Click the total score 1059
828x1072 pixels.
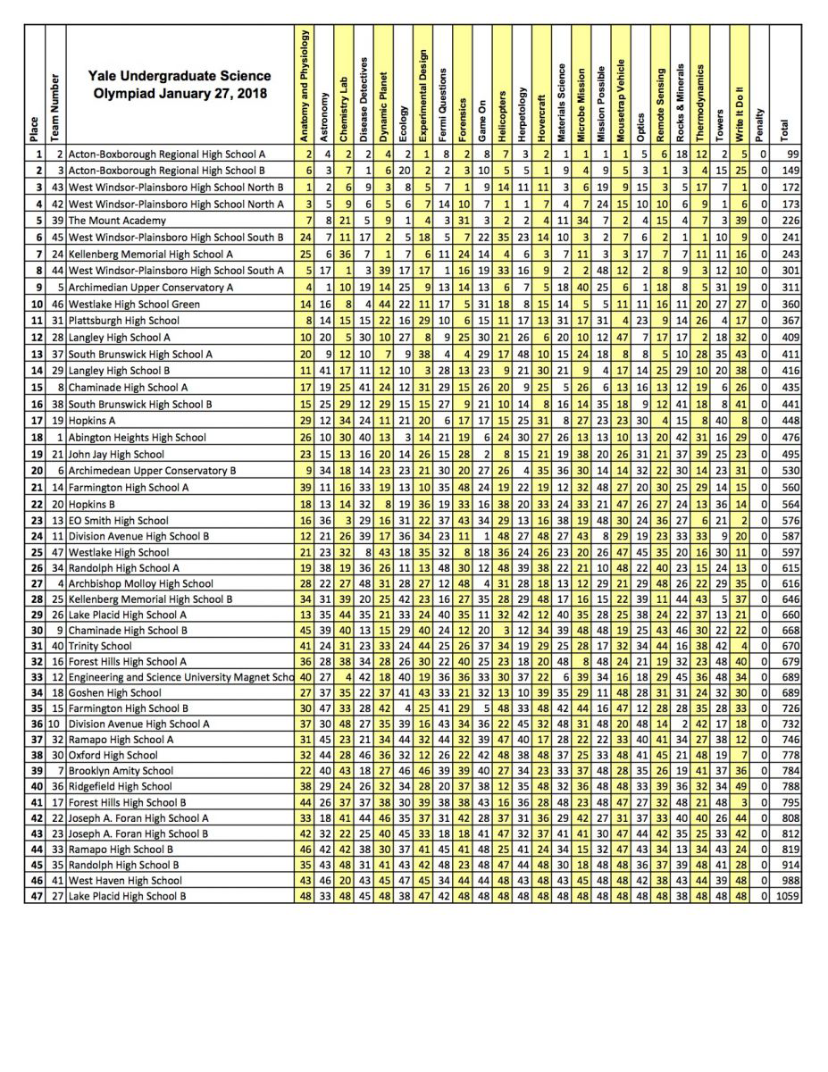[x=787, y=896]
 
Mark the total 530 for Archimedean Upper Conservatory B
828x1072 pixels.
[x=789, y=471]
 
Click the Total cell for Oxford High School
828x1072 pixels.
[x=789, y=755]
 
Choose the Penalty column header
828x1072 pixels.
[x=759, y=124]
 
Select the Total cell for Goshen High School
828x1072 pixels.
[x=789, y=692]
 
